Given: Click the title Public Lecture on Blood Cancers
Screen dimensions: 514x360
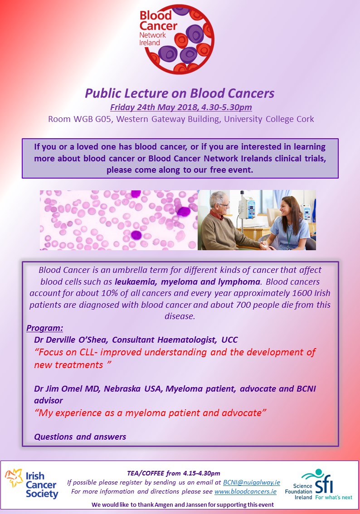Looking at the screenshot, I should click(180, 93).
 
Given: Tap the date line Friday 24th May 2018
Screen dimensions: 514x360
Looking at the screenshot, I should click(181, 107).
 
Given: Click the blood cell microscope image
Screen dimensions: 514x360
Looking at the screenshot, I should click(119, 220).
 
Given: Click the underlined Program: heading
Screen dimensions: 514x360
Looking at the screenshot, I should click(45, 328).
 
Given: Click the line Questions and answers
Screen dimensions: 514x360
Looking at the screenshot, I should click(80, 437).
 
